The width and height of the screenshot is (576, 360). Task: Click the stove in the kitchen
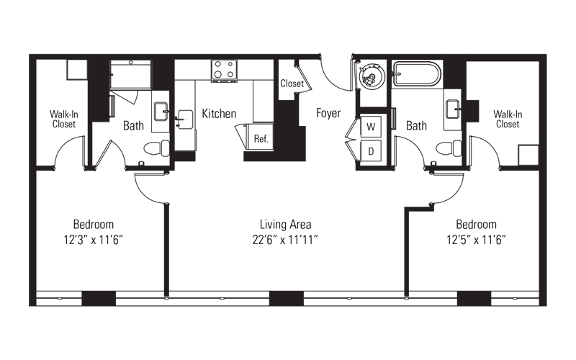click(x=224, y=70)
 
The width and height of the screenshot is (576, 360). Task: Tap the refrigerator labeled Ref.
click(x=260, y=137)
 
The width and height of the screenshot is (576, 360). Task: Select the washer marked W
click(x=371, y=127)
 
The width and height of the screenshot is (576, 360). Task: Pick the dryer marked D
click(x=371, y=150)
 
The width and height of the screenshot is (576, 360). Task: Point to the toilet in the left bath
click(x=156, y=148)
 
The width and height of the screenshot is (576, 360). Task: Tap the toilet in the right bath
click(x=449, y=148)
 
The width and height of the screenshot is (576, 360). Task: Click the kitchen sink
click(x=185, y=120)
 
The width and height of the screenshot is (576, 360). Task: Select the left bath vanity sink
click(x=161, y=112)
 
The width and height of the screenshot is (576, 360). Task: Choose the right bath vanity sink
click(x=453, y=109)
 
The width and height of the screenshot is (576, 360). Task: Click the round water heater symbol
click(x=371, y=75)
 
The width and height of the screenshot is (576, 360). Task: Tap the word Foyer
click(x=328, y=113)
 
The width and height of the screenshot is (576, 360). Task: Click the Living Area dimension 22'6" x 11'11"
click(x=285, y=240)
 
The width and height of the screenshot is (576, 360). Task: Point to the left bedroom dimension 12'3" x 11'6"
click(x=94, y=240)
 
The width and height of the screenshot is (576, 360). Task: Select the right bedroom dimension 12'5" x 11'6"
click(x=476, y=240)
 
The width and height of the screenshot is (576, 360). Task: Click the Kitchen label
click(x=219, y=114)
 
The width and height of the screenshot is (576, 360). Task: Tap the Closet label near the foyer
click(x=292, y=84)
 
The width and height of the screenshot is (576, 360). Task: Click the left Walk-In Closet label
click(x=64, y=119)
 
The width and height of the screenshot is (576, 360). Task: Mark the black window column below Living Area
click(x=287, y=298)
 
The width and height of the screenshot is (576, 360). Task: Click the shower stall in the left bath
click(x=130, y=75)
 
